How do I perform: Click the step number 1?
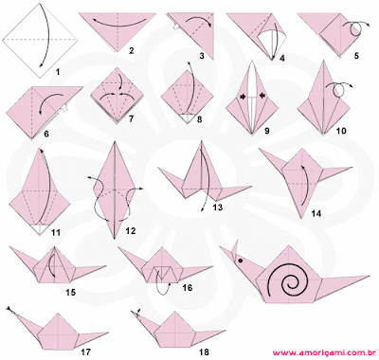58,72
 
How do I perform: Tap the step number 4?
282,59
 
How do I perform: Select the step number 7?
131,118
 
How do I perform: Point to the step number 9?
267,131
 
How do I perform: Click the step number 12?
131,231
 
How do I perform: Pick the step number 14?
316,213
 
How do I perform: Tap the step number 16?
188,288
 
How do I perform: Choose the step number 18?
204,351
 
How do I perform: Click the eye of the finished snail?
241,261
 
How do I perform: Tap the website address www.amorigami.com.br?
323,352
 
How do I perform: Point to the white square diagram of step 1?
40,41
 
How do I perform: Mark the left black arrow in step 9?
244,97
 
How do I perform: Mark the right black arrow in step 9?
262,96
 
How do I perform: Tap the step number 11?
56,233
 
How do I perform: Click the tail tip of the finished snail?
369,276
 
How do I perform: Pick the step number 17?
85,351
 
